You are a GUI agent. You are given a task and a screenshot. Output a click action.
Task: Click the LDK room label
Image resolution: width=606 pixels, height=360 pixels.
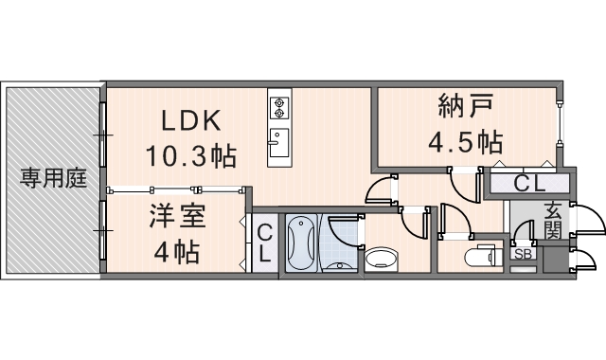coord(189,120)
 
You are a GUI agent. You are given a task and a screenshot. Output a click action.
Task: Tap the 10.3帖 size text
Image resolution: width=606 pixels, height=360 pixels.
coord(189,154)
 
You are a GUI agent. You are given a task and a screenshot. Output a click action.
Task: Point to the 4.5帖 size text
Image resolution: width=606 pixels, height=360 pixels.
coord(464,143)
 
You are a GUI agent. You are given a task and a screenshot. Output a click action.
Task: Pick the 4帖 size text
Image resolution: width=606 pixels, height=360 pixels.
coord(177,252)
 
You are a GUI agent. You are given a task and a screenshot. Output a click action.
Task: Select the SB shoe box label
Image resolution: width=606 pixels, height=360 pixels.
coord(522,254)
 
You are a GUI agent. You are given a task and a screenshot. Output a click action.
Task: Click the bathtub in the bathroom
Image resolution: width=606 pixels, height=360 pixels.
coord(300,243)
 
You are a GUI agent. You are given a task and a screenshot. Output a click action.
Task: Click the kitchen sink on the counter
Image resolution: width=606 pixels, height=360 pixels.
coord(278,145)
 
